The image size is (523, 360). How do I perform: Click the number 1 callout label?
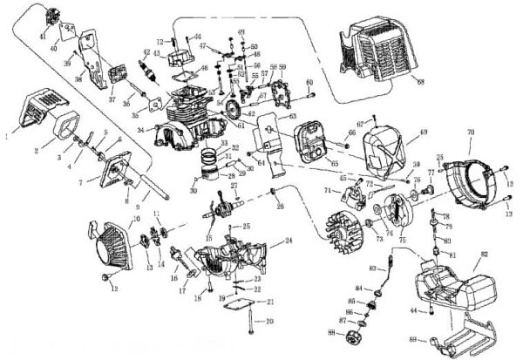7,136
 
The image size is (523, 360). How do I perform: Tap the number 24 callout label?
288,240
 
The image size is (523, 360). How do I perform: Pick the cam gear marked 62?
234,111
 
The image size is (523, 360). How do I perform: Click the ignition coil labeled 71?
356,185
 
